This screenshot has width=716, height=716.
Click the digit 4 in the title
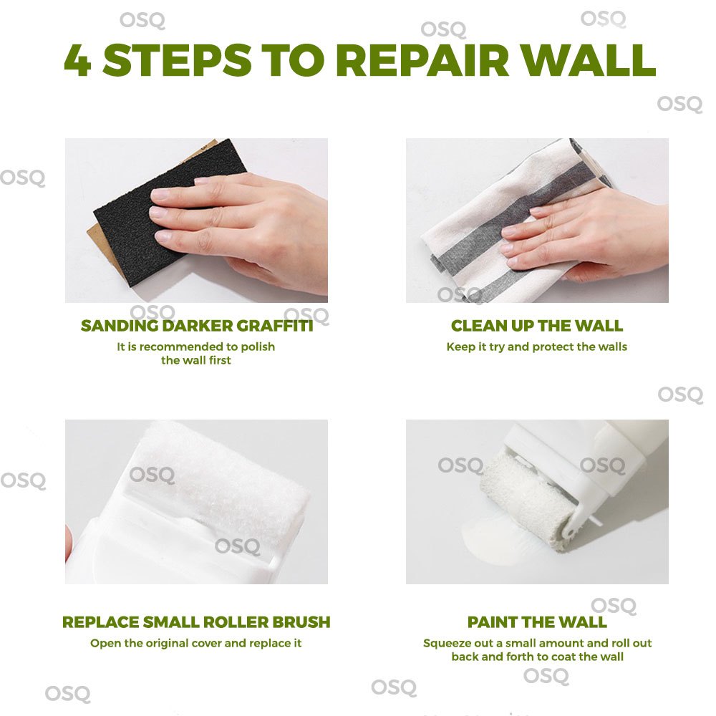tap(77, 60)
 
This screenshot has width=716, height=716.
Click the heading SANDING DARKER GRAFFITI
tap(197, 326)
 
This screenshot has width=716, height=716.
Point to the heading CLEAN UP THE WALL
tap(537, 326)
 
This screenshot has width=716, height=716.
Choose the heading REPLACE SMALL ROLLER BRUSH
tap(196, 622)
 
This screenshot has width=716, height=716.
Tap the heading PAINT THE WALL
tap(537, 622)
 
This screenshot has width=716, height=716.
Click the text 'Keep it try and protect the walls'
tap(537, 347)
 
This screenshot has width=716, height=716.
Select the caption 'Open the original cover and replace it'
tap(196, 643)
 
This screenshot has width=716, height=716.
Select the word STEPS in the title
tap(177, 60)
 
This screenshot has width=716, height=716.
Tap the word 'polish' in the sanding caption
tap(258, 347)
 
